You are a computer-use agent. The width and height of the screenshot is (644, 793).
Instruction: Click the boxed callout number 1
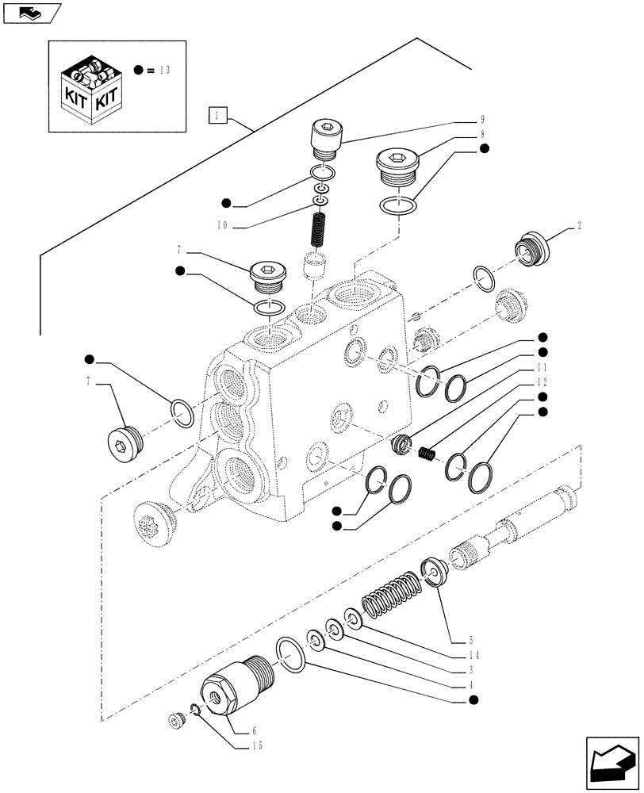coord(218,116)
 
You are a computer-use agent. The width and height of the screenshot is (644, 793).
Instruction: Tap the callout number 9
coord(482,121)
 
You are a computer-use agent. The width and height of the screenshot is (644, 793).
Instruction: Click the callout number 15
coord(255,745)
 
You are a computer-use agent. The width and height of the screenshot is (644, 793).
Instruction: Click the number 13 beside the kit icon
coord(163,70)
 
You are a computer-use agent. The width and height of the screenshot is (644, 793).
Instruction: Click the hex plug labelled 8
coord(396,168)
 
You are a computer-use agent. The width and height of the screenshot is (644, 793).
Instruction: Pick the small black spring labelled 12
coord(427,454)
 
